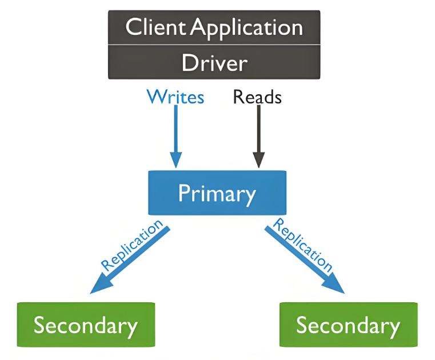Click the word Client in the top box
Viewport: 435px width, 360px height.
coord(155,27)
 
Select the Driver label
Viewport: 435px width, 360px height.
coord(214,63)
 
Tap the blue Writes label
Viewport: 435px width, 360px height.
coord(175,97)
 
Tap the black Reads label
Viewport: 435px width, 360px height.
coord(257,97)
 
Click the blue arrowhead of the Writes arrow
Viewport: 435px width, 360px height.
coord(176,159)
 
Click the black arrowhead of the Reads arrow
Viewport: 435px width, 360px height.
coord(258,159)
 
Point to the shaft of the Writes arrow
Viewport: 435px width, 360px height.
coord(176,129)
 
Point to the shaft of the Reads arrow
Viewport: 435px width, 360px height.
coord(258,129)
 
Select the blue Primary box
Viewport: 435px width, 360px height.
coord(217,193)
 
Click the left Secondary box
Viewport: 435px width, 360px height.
coord(86,325)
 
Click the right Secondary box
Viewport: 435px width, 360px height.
coord(349,325)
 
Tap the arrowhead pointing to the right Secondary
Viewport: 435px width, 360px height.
coord(334,283)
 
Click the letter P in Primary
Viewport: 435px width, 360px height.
coord(183,193)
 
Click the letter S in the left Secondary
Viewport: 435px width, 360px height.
coord(39,325)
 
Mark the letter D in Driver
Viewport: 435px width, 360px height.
coord(189,63)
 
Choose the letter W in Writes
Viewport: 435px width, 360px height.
coord(157,97)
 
